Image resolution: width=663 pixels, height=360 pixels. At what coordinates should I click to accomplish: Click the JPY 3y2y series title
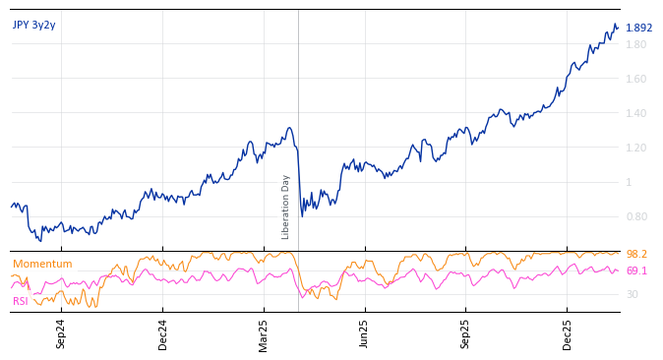click(x=34, y=25)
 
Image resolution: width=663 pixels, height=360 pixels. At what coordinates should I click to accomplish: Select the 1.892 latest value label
click(x=639, y=29)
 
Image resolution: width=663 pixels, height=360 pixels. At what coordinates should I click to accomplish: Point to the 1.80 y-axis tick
click(x=636, y=44)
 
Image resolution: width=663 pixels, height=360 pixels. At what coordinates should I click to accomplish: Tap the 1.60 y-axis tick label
click(x=636, y=79)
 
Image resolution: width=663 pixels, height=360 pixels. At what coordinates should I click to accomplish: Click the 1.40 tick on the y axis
click(x=636, y=113)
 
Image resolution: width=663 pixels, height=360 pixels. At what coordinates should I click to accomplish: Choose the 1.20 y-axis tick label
click(x=636, y=148)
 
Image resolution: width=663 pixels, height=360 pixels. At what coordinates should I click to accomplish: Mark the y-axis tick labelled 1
click(x=629, y=182)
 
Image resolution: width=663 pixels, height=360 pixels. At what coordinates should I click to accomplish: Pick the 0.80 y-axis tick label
click(x=636, y=216)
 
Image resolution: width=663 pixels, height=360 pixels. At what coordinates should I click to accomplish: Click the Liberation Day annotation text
click(x=286, y=207)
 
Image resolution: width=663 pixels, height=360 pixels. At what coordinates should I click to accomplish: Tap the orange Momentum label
click(x=42, y=264)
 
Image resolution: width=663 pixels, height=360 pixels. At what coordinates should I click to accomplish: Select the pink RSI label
click(x=21, y=301)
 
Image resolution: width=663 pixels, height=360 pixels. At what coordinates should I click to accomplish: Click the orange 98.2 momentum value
click(x=636, y=255)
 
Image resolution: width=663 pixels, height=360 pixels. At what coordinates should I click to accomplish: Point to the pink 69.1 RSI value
click(x=636, y=270)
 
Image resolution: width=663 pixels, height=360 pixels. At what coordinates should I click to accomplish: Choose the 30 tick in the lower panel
click(x=633, y=294)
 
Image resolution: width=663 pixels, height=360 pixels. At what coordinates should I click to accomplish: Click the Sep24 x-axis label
click(x=61, y=333)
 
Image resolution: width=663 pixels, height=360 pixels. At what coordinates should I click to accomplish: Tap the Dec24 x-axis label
click(x=163, y=333)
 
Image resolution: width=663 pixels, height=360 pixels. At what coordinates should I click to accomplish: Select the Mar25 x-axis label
click(x=265, y=333)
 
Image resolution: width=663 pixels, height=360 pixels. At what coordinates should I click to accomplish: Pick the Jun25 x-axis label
click(x=365, y=333)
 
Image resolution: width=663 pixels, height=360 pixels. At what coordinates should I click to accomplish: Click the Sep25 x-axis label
click(x=466, y=333)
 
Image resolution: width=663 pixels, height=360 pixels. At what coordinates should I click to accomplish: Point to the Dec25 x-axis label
click(x=568, y=333)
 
